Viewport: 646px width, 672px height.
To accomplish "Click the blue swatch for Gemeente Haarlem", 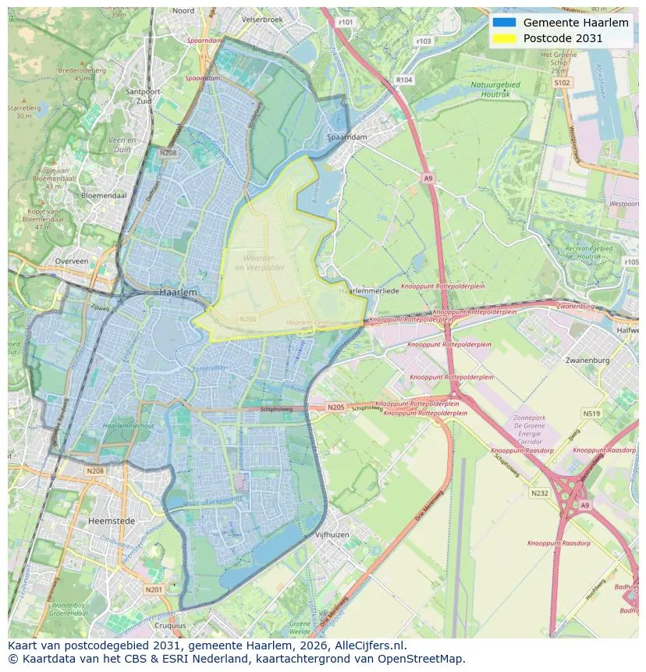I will point(505,23).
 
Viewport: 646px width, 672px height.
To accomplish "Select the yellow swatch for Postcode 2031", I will point(505,38).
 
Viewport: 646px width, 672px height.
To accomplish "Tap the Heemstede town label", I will point(112,521).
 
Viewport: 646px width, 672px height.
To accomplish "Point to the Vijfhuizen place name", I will point(332,535).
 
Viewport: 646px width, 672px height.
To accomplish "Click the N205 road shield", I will point(335,407).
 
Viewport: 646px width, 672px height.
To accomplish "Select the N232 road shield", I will point(540,493).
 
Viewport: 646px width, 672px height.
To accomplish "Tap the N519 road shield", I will point(591,414).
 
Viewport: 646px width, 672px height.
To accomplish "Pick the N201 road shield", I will point(154,589).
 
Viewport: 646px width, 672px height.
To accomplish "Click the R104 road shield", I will point(404,80).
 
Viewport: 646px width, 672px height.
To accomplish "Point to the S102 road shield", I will point(562,82).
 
